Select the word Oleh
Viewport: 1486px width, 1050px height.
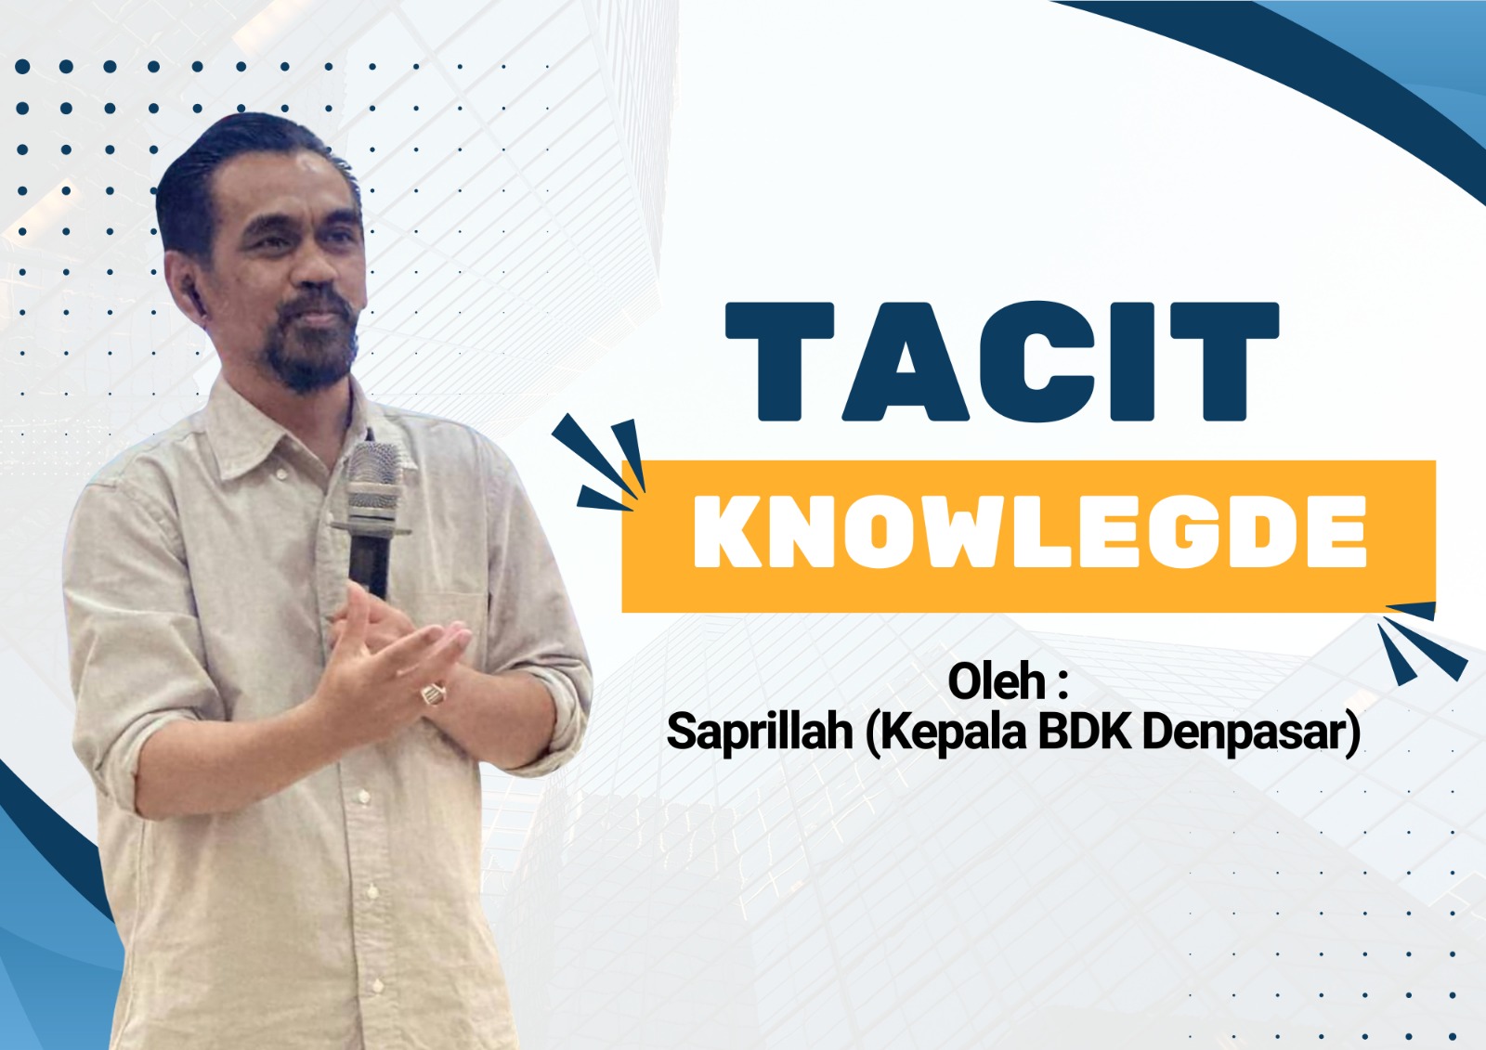(996, 682)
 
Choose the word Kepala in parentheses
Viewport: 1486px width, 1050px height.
(953, 732)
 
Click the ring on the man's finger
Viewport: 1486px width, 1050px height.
(433, 693)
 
